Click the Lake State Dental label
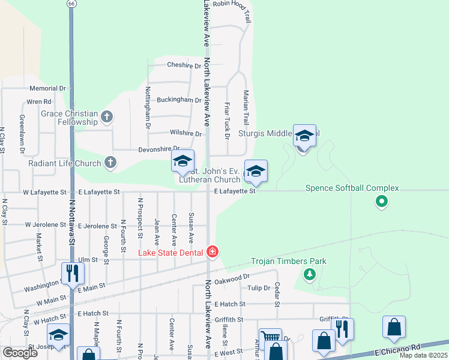tap(170, 252)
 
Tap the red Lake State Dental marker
tap(212, 252)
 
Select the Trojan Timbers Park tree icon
tap(309, 274)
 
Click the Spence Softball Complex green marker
tap(381, 202)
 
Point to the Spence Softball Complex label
tap(352, 188)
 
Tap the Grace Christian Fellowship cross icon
tap(107, 116)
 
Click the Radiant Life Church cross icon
tap(110, 162)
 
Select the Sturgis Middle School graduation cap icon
tap(304, 137)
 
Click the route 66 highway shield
tap(72, 4)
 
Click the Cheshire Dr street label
tap(184, 65)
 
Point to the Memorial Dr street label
tap(47, 88)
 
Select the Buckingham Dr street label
tap(179, 100)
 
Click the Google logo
tap(20, 353)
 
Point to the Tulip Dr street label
tap(259, 288)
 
